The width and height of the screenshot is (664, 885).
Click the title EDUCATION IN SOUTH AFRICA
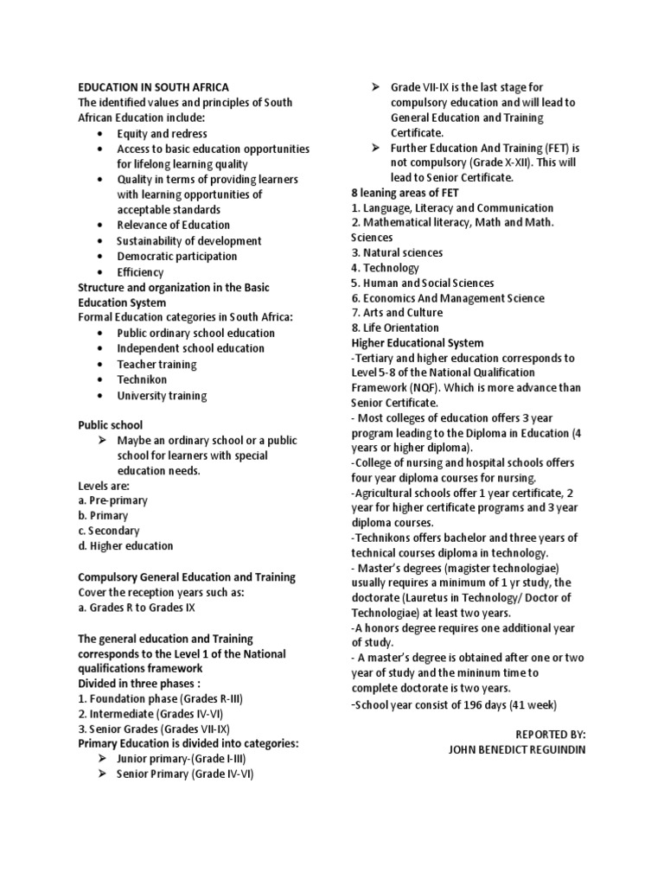pos(154,86)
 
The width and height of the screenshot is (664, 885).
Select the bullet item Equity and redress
pos(163,133)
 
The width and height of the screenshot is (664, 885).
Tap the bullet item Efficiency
pos(140,271)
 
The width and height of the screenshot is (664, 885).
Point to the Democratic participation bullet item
pos(176,256)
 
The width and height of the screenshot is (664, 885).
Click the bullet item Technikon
pos(142,379)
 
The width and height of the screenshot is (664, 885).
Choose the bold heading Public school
pos(111,425)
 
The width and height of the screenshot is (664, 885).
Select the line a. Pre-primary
pos(112,500)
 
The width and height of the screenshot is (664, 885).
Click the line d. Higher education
pos(125,546)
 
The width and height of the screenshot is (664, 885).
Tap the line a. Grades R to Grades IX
pos(137,608)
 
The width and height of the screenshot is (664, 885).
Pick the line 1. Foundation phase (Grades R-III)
pos(160,698)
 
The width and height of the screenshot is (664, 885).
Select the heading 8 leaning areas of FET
pos(405,193)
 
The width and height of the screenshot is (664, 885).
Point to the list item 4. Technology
pos(385,268)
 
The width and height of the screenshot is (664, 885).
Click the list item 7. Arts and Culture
pos(397,313)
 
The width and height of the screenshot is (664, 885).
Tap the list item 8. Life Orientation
pos(394,328)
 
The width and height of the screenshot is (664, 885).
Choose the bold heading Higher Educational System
pos(418,342)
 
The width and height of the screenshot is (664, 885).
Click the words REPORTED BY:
pos(550,734)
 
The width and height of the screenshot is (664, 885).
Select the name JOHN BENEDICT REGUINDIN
pos(516,749)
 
